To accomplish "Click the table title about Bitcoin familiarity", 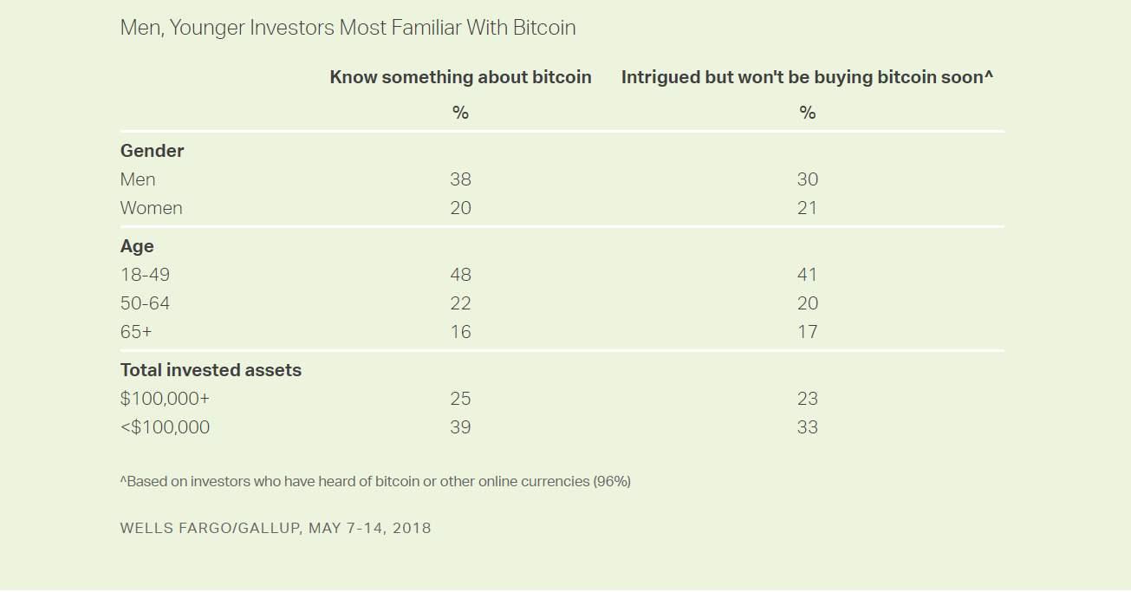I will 348,28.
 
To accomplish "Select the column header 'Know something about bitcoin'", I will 460,77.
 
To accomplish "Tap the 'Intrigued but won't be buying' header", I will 807,77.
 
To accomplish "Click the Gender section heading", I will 152,151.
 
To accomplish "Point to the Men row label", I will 138,179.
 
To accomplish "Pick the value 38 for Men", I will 460,179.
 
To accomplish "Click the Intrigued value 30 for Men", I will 807,179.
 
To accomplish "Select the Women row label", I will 151,208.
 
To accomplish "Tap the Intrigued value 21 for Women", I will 807,208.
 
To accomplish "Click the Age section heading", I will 137,246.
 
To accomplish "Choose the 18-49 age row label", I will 145,275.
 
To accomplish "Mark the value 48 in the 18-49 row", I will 460,275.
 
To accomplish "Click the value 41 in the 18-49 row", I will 807,275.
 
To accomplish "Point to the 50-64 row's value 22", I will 460,303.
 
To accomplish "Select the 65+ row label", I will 136,332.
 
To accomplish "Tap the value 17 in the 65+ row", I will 807,332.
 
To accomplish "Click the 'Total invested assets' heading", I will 211,370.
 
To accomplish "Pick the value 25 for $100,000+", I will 460,399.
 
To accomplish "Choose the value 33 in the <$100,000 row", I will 807,427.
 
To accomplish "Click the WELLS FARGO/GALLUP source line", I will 275,528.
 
